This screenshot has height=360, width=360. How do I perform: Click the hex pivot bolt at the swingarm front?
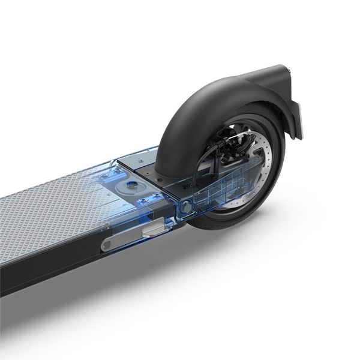[186, 206]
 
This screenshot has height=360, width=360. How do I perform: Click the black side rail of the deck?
[48, 270]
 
